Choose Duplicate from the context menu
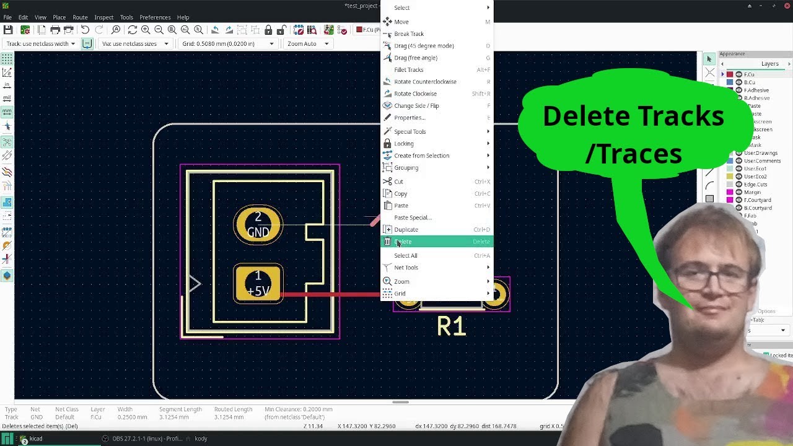point(406,230)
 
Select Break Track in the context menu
point(409,34)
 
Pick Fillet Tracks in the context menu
point(409,70)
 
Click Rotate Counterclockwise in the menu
point(425,82)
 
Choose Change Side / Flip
point(416,106)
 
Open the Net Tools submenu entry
point(406,268)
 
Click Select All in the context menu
point(406,256)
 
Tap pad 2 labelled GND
point(258,225)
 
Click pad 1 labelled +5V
point(258,284)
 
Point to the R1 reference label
point(451,326)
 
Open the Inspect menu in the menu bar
point(103,17)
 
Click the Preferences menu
point(155,17)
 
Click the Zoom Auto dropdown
point(308,44)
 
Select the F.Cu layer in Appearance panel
point(749,74)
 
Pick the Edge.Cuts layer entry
point(755,185)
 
